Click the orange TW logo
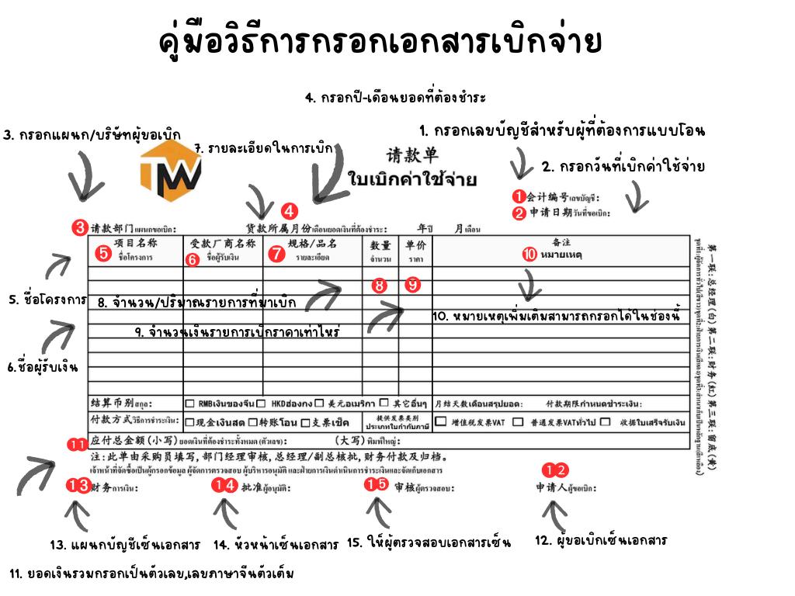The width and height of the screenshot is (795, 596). (x=170, y=171)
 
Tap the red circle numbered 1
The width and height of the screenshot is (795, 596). (x=518, y=196)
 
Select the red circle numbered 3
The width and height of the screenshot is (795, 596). (x=79, y=228)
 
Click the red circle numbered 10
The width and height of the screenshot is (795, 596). (x=529, y=253)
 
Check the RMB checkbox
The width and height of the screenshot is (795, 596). (x=190, y=404)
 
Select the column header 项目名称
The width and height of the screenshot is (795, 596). (x=136, y=243)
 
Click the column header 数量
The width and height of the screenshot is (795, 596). (x=380, y=244)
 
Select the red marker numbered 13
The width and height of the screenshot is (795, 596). (x=78, y=486)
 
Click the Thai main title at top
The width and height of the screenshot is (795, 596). (x=380, y=43)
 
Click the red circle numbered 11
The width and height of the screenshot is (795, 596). (x=78, y=445)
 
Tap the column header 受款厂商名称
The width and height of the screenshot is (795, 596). (x=223, y=243)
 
